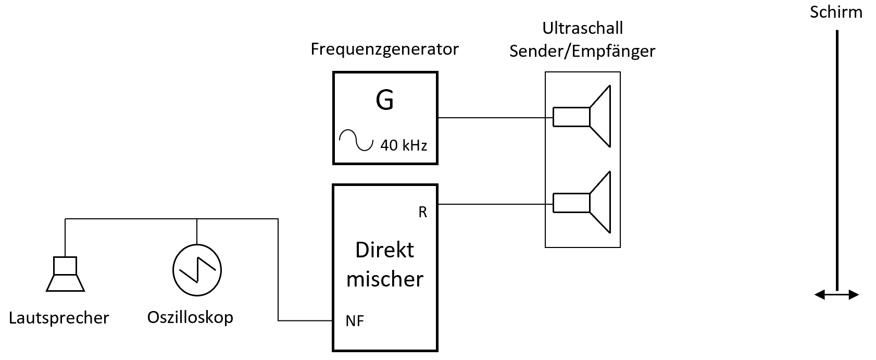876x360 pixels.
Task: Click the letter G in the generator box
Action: (384, 101)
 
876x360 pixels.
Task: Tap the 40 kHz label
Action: (403, 145)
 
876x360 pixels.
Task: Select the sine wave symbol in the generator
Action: (356, 140)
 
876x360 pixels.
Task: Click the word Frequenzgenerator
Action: (384, 49)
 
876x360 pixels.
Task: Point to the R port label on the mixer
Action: (422, 213)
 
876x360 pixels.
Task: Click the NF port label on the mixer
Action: (355, 321)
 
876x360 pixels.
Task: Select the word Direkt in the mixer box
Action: (384, 250)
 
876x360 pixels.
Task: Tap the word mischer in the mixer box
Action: (384, 279)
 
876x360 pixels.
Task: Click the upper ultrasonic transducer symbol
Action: (582, 117)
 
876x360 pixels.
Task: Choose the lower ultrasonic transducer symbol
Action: (582, 202)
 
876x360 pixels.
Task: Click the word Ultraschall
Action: (582, 28)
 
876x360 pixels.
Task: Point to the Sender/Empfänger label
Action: (582, 51)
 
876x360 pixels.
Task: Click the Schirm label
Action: (836, 12)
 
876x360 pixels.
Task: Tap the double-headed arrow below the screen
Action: (836, 295)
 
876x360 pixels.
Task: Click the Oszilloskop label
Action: (190, 317)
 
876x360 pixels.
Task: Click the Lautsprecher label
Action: (59, 318)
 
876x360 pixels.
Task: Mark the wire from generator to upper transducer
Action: (495, 118)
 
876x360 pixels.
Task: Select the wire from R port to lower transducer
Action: (495, 204)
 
